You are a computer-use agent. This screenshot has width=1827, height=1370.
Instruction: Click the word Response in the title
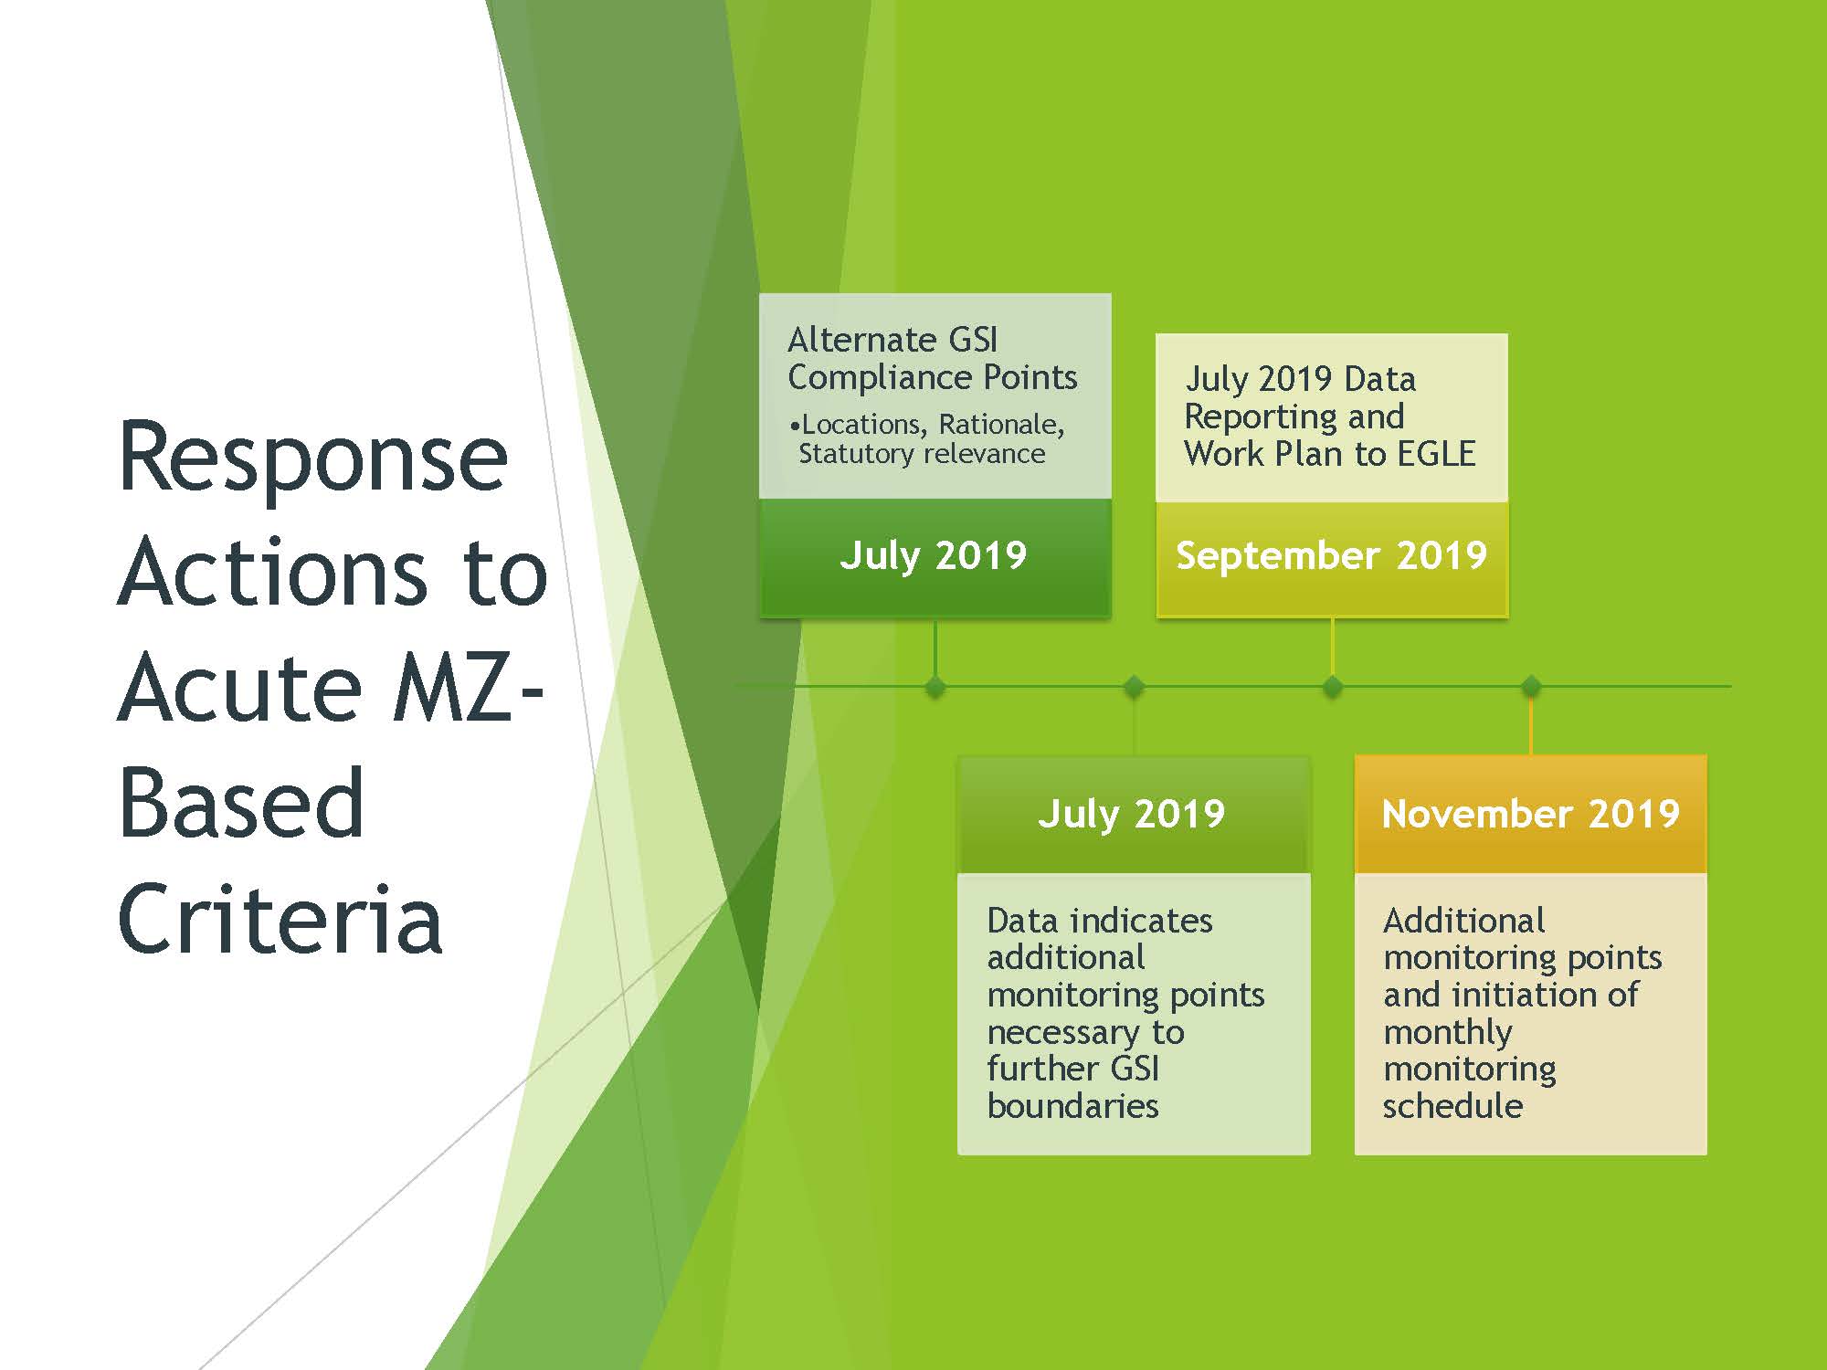(313, 458)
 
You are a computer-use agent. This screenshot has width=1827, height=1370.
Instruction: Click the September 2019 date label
(1331, 555)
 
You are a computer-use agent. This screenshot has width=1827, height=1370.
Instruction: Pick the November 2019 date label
(1530, 814)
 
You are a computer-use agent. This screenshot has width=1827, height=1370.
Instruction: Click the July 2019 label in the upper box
(933, 555)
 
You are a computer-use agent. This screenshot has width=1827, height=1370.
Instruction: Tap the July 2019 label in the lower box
(1131, 814)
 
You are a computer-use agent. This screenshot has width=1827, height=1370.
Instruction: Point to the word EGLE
(1435, 454)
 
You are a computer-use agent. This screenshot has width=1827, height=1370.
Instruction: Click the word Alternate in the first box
(862, 340)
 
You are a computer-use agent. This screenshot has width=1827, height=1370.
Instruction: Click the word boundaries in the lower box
(1072, 1106)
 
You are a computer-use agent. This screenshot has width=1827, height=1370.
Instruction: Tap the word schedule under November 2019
(1452, 1106)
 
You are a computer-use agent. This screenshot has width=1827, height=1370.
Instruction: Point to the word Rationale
(1001, 425)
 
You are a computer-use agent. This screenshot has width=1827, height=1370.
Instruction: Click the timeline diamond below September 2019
(1332, 686)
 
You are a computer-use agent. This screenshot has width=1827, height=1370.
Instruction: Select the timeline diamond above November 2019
(1531, 686)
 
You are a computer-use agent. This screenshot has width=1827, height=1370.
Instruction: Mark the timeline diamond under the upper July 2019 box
(935, 686)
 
